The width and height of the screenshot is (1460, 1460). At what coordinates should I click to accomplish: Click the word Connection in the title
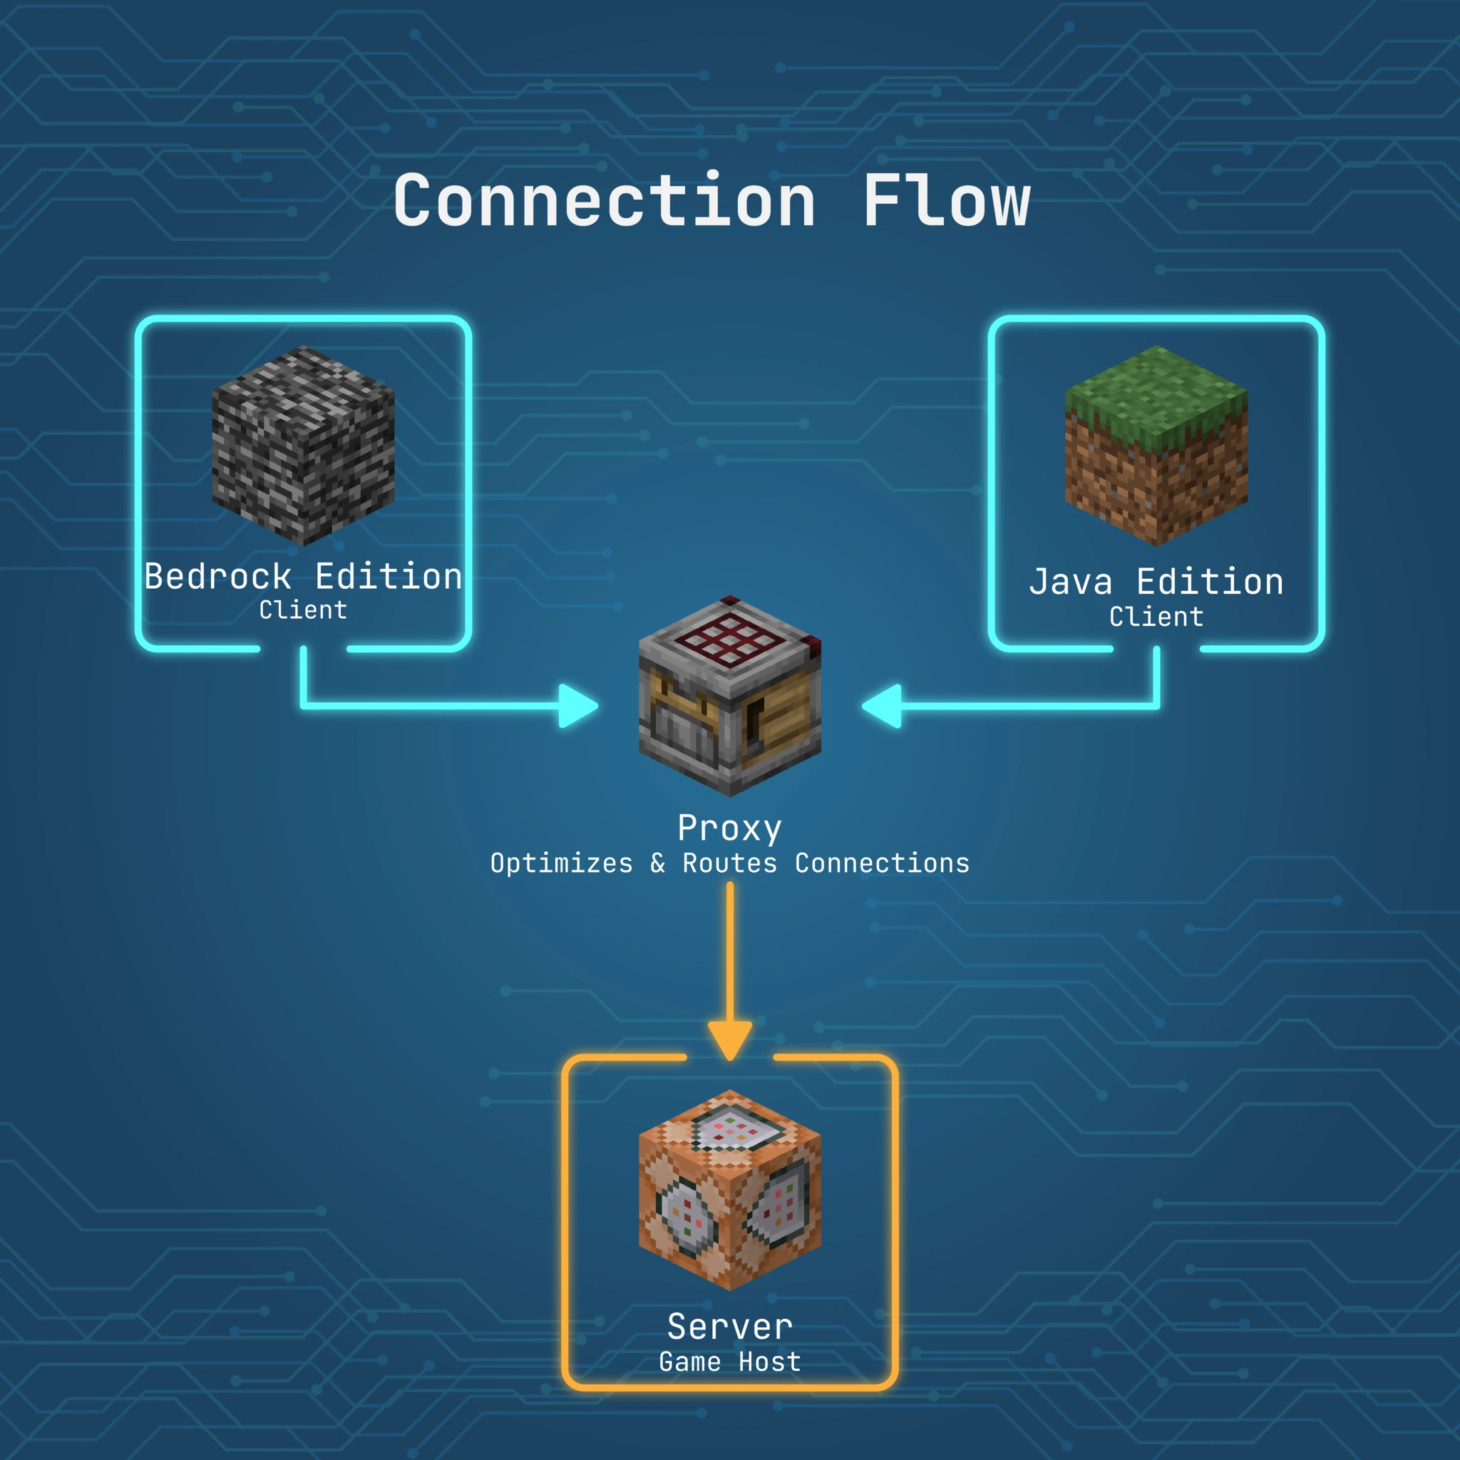pyautogui.click(x=605, y=200)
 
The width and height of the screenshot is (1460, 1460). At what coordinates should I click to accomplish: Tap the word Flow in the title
pyautogui.click(x=946, y=200)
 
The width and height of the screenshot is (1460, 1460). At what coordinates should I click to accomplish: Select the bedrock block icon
pyautogui.click(x=303, y=446)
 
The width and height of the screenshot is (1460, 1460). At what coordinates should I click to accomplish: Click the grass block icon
pyautogui.click(x=1156, y=446)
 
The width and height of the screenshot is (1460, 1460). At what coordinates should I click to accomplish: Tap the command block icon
pyautogui.click(x=730, y=1191)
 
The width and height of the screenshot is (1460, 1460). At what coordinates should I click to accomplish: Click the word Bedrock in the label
pyautogui.click(x=217, y=577)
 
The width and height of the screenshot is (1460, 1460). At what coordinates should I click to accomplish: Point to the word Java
pyautogui.click(x=1071, y=582)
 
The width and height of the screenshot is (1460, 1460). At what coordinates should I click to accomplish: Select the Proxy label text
pyautogui.click(x=730, y=829)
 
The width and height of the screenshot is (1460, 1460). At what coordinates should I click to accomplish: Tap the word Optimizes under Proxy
pyautogui.click(x=562, y=863)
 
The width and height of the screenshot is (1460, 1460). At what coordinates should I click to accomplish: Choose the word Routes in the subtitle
pyautogui.click(x=730, y=863)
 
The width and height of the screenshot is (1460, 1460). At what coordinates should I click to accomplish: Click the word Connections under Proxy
pyautogui.click(x=882, y=863)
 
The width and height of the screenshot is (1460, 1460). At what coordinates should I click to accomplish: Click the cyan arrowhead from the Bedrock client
pyautogui.click(x=578, y=706)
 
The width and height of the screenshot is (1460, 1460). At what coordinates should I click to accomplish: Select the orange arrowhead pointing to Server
pyautogui.click(x=730, y=1039)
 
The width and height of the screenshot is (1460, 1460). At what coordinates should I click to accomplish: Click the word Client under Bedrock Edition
pyautogui.click(x=303, y=610)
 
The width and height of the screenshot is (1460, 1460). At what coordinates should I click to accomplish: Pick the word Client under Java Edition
pyautogui.click(x=1156, y=617)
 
